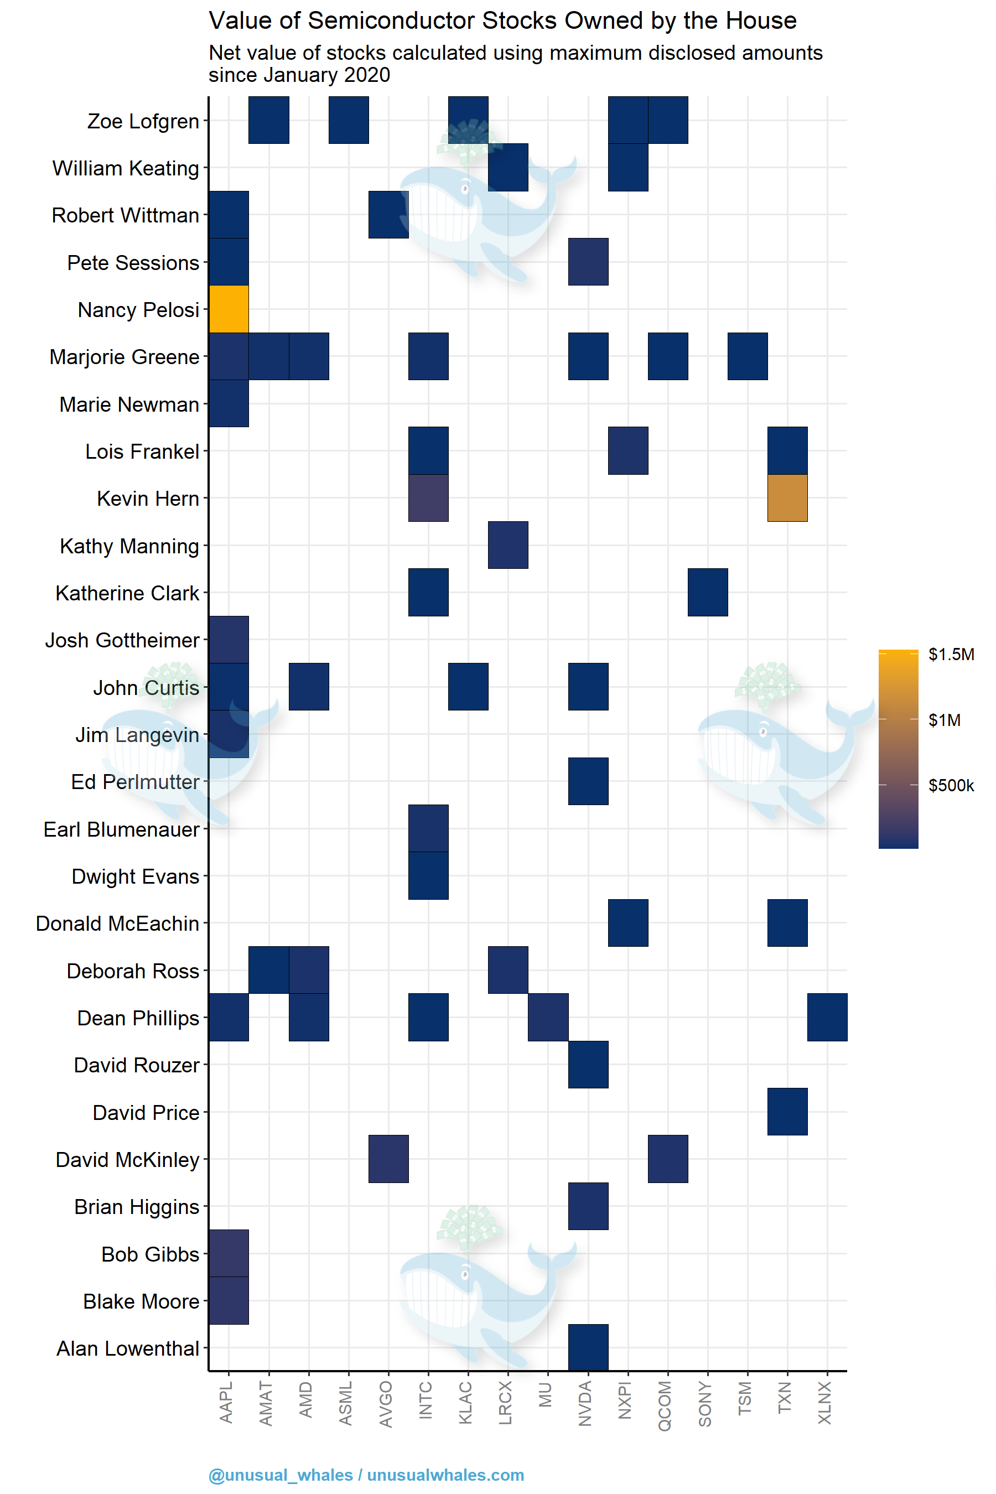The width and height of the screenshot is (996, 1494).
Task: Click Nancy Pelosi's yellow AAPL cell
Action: tap(229, 309)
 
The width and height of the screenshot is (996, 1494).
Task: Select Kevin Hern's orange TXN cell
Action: tap(787, 498)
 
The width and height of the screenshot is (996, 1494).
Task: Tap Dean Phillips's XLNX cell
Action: tap(827, 1017)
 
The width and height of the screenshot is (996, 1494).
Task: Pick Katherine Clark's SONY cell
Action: tap(708, 592)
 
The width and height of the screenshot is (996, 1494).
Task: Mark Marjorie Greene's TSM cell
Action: tap(748, 356)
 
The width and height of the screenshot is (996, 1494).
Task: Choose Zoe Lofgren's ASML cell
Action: tap(349, 120)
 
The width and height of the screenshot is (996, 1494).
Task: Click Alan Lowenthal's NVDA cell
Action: tap(588, 1347)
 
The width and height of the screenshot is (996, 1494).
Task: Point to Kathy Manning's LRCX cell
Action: tap(508, 545)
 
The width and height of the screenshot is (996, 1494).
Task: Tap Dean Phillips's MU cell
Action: tap(548, 1017)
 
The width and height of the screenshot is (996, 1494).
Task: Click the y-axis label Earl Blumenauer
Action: tap(121, 829)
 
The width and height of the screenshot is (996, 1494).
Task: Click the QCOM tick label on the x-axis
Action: tap(665, 1405)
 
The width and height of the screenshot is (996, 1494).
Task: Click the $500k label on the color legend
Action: tap(951, 786)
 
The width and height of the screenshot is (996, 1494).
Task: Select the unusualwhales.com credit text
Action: tap(445, 1475)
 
